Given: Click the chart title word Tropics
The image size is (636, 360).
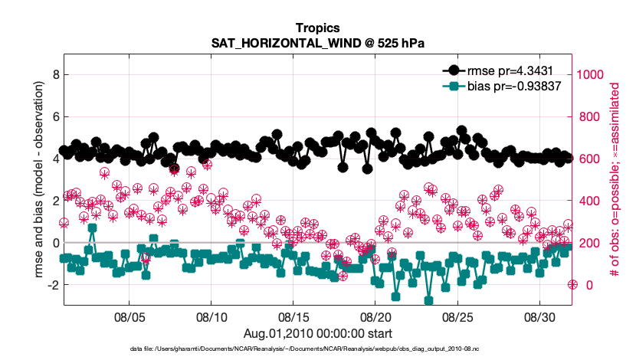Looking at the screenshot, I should tap(317, 28).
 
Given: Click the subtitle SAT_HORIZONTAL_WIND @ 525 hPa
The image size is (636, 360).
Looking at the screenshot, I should tap(317, 43).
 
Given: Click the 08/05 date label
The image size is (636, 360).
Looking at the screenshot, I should tap(129, 316).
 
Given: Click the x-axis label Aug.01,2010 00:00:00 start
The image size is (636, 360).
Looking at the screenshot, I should tap(317, 333).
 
